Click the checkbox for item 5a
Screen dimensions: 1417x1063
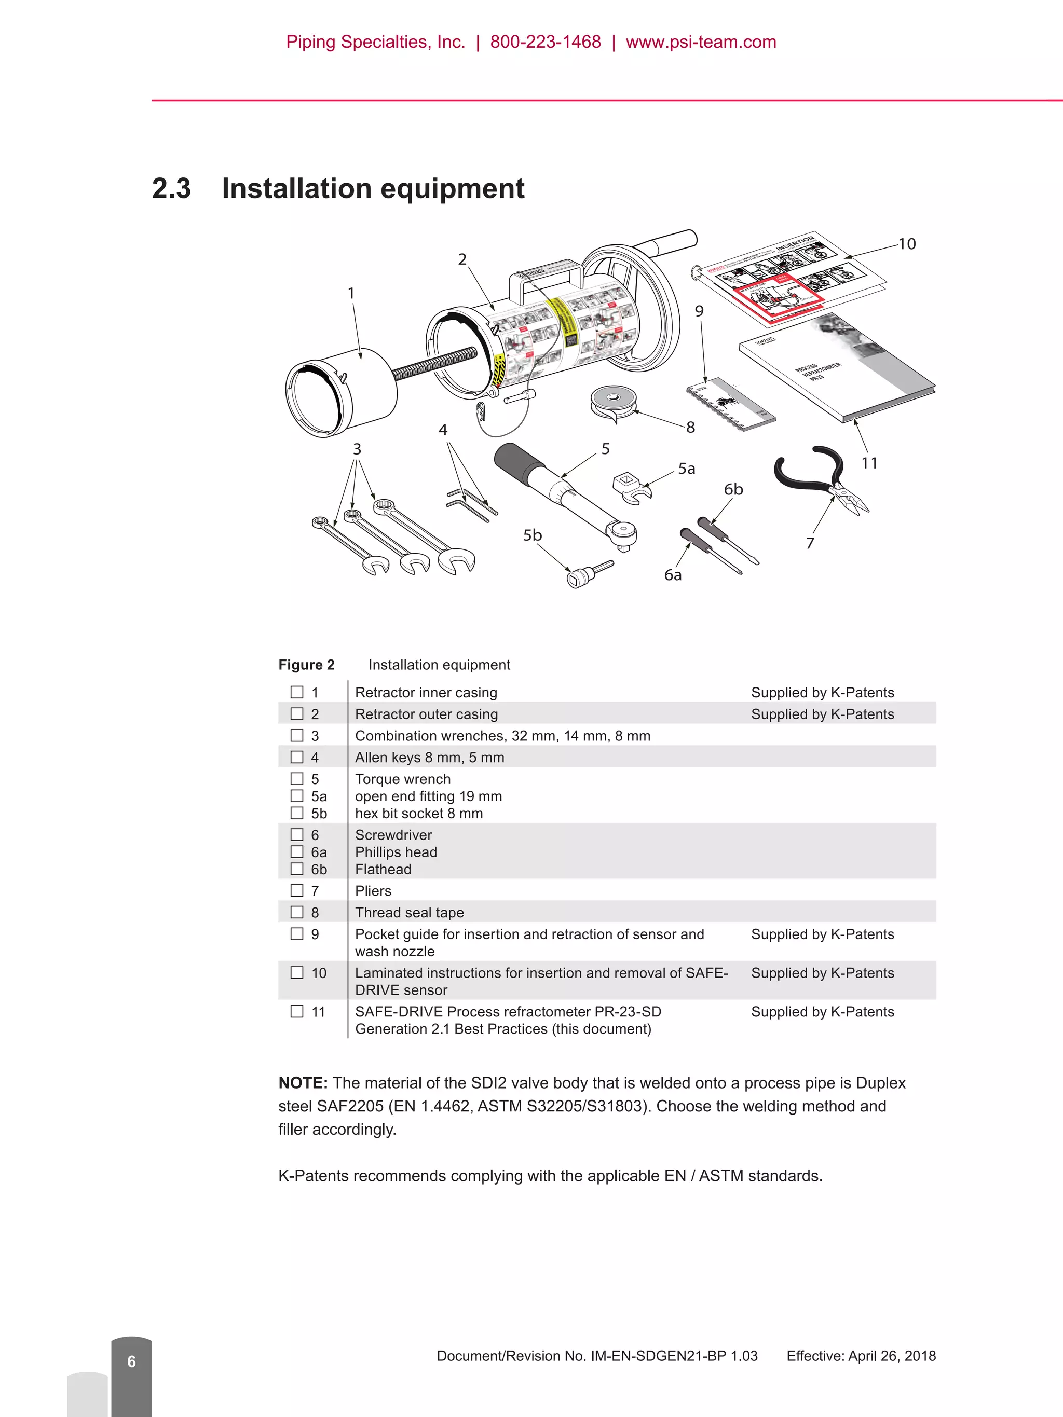(297, 795)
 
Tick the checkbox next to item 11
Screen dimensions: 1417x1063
(297, 1011)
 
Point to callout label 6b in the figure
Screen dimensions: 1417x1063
(733, 489)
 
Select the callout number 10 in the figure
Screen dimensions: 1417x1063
(906, 244)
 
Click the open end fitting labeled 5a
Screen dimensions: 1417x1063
(632, 487)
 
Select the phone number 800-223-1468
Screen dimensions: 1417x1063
(546, 42)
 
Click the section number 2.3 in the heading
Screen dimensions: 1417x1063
(171, 189)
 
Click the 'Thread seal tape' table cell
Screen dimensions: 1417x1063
(410, 912)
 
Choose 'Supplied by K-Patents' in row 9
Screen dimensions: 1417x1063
(822, 934)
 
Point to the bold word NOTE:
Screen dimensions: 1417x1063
(303, 1083)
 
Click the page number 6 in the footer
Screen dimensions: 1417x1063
(131, 1361)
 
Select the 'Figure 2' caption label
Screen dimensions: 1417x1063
(306, 665)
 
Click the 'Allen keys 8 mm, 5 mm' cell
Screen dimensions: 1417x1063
(429, 757)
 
